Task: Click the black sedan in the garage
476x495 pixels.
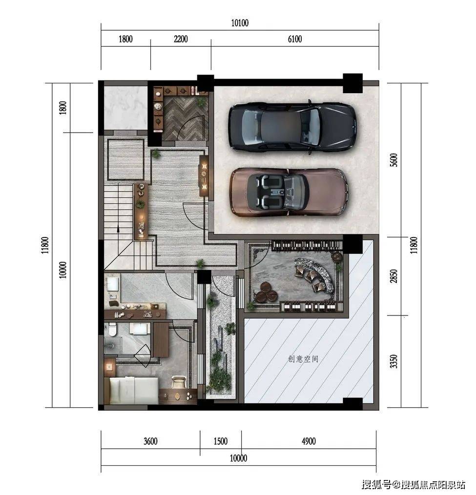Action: click(x=293, y=126)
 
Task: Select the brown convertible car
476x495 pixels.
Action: click(x=289, y=192)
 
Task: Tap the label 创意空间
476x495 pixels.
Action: click(x=303, y=359)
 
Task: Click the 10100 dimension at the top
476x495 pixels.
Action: click(x=240, y=23)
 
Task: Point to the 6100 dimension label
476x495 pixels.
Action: click(x=295, y=39)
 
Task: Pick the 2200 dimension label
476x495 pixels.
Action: click(x=181, y=39)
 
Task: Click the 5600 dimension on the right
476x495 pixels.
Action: click(x=393, y=160)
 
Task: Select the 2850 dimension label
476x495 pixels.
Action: click(x=393, y=276)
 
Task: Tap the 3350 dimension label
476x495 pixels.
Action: click(x=393, y=361)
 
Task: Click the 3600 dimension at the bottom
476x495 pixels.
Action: click(x=150, y=441)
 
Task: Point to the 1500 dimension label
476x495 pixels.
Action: click(x=221, y=441)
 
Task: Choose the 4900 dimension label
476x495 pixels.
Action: click(x=309, y=441)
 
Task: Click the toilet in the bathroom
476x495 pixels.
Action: click(x=112, y=329)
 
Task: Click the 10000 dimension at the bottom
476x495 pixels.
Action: click(x=238, y=458)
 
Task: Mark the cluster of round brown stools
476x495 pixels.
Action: click(x=266, y=292)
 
